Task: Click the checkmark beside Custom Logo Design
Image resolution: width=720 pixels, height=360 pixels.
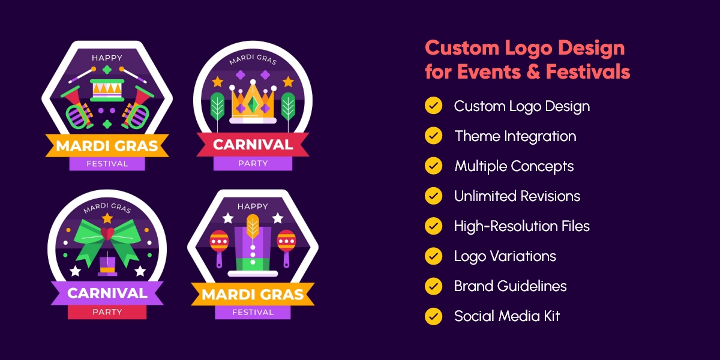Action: coord(433,106)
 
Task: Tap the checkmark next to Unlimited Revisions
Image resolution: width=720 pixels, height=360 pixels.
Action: coord(433,196)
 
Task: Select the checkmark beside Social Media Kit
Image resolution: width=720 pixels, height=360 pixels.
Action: coord(433,316)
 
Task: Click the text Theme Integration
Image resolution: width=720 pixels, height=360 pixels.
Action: coord(515,136)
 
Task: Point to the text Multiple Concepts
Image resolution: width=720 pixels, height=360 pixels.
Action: coord(514,166)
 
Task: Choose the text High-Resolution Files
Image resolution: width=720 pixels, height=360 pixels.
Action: coord(521,226)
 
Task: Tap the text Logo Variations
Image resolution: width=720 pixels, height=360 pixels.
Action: coord(505,256)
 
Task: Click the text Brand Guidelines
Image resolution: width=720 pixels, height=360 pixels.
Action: coord(510,286)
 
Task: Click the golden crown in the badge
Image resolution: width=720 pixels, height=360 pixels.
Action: coord(253,102)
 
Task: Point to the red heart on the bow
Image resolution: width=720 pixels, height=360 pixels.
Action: coord(107,233)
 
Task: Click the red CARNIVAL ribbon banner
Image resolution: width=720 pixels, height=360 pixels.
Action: coord(253,145)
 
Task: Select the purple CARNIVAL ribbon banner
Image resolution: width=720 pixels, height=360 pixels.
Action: coord(107,293)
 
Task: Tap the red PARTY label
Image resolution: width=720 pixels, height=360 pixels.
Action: coord(107,312)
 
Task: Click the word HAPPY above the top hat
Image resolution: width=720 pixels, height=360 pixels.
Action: coord(253,207)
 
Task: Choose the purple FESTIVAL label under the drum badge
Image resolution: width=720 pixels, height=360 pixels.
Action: coord(107,163)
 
